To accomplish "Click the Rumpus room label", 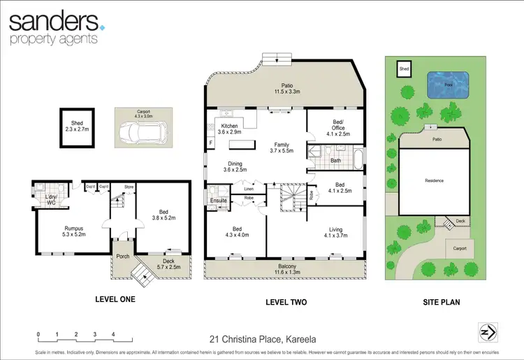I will (74, 230).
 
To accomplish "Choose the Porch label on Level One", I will (123, 256).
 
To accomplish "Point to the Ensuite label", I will (219, 201).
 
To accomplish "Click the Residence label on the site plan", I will (434, 180).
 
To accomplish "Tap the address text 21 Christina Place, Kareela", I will (262, 340).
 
